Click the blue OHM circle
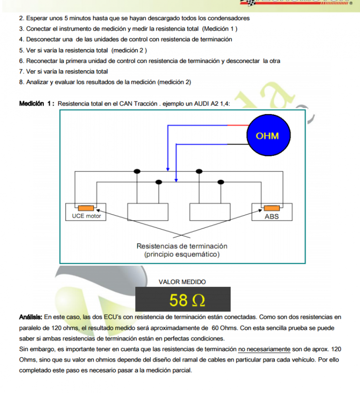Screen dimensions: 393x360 click(267, 136)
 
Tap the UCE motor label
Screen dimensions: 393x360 click(83, 216)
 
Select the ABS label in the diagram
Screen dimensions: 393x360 click(271, 216)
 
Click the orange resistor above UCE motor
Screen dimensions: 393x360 click(84, 207)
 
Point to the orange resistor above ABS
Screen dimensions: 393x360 click(271, 207)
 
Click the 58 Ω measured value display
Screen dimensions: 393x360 click(183, 299)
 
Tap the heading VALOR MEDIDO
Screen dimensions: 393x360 click(182, 282)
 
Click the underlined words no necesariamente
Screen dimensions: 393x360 click(264, 349)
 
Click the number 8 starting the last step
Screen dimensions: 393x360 click(21, 82)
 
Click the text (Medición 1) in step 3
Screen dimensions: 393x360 click(216, 28)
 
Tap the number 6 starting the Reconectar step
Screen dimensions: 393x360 click(21, 61)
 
